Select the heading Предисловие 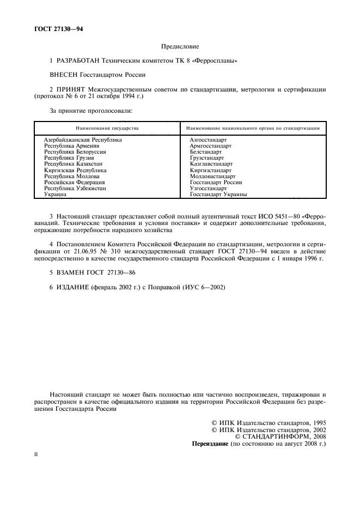[179, 48]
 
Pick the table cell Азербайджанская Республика [83, 140]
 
